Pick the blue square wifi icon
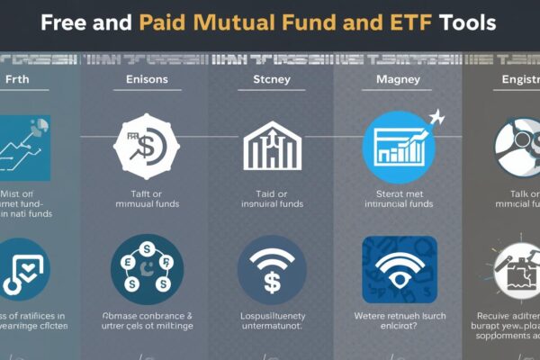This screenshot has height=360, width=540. tap(398, 267)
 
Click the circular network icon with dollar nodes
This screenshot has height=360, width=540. tap(146, 268)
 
